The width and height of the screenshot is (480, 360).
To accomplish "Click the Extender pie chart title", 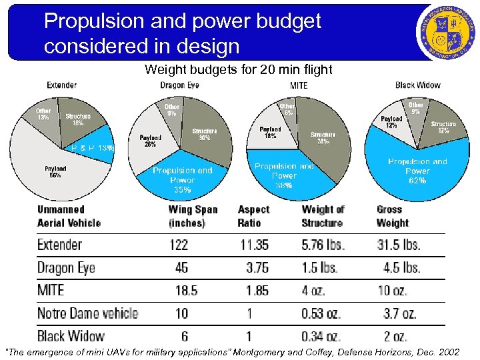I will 61,85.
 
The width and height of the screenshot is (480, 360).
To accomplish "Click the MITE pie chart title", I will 299,85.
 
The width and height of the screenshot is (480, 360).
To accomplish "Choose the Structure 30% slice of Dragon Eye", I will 205,133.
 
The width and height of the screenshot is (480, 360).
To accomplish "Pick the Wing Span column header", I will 193,216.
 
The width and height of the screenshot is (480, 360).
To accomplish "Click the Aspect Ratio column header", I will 253,216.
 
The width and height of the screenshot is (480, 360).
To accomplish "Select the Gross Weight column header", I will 393,216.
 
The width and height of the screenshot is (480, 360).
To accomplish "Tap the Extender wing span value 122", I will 179,245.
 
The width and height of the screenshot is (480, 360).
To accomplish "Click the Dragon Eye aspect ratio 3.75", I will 255,267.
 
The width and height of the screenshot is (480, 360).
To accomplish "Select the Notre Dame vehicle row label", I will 87,313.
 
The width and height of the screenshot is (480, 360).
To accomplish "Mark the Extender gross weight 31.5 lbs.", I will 398,245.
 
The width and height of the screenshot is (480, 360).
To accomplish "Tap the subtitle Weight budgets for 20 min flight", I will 238,69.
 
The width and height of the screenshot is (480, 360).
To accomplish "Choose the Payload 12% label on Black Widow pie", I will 391,122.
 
